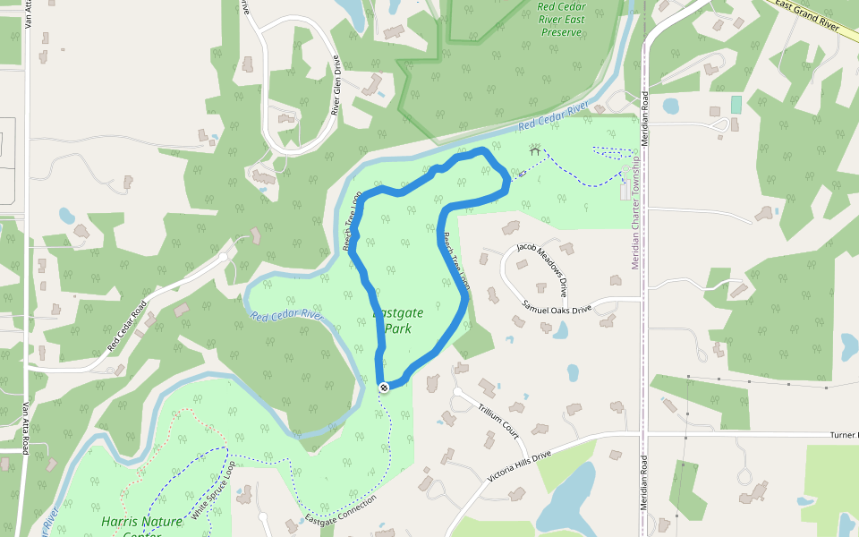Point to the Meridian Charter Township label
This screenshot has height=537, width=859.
click(635, 215)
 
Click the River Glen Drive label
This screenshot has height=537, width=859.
click(336, 86)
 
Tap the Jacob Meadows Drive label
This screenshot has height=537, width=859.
click(541, 269)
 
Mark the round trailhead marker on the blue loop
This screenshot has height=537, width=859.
click(384, 387)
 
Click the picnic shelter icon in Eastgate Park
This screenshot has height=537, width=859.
click(535, 149)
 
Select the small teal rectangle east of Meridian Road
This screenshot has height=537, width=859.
click(736, 104)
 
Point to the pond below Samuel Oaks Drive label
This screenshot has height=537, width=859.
click(560, 329)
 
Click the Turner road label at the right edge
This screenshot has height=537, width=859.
click(844, 434)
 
